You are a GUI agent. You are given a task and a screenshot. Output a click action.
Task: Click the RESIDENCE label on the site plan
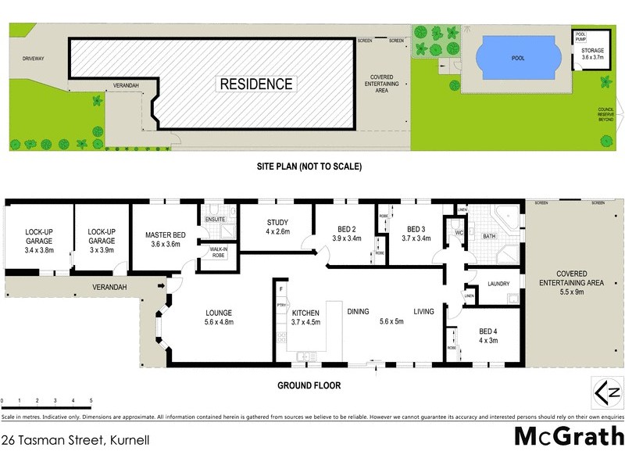256,84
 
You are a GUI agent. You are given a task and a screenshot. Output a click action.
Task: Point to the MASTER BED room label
164,239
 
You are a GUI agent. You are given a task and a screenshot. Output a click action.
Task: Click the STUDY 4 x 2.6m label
277,227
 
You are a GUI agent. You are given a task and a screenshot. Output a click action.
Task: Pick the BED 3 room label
416,234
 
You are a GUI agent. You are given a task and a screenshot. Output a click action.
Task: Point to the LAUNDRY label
498,284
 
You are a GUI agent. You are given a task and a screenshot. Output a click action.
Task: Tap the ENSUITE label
216,220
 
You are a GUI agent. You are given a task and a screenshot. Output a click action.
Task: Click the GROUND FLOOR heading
309,385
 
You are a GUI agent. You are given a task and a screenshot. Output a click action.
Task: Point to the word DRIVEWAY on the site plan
33,57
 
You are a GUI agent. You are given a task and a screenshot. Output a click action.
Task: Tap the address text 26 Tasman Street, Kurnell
75,440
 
